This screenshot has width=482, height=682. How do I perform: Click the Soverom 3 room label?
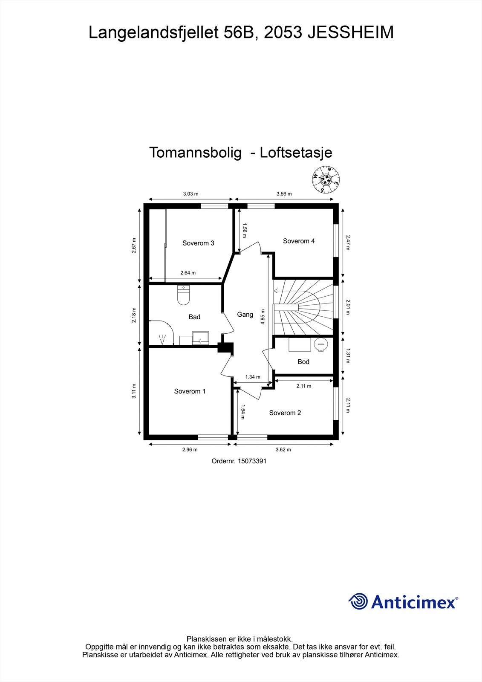(198, 243)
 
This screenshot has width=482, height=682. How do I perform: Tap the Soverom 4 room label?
(299, 241)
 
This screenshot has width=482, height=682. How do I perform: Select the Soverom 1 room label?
(190, 391)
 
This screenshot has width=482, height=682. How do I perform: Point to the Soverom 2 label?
(285, 413)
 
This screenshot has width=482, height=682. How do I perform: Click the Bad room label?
(194, 317)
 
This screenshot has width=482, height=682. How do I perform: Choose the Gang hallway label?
(245, 315)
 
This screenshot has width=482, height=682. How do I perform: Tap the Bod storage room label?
(303, 361)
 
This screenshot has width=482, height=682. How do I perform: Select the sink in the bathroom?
(200, 338)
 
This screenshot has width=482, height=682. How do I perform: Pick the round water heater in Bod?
(321, 344)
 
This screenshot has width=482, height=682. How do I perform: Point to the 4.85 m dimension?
(263, 317)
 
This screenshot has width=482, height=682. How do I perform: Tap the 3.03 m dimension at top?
(190, 194)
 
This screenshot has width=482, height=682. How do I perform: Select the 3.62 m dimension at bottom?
(283, 449)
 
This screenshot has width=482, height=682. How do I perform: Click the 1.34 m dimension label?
(253, 377)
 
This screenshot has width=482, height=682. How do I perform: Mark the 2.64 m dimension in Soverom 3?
(188, 273)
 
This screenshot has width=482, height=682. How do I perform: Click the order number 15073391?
(252, 461)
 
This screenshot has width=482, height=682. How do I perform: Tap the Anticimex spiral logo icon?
(358, 602)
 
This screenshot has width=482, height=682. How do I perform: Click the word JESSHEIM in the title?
(350, 33)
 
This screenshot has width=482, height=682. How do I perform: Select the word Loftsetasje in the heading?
(296, 153)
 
